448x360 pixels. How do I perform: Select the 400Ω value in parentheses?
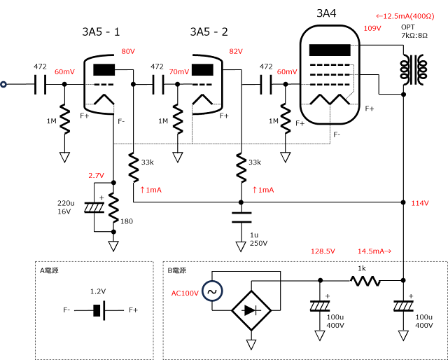click(422, 16)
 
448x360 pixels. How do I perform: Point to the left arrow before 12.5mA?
click(379, 16)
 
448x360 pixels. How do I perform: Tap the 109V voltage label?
click(372, 28)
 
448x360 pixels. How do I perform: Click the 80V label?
click(128, 51)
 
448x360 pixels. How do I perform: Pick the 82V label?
click(236, 51)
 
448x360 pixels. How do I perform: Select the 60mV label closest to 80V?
click(65, 71)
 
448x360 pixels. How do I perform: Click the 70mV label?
click(179, 71)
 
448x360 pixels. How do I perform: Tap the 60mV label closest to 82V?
click(287, 71)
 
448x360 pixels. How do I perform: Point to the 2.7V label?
click(96, 175)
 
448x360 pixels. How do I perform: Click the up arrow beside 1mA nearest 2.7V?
click(142, 190)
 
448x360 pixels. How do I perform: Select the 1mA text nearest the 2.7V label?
click(154, 190)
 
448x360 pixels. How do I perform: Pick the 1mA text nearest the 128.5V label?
click(266, 190)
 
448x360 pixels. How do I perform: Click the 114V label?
click(420, 203)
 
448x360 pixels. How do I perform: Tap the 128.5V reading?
click(323, 251)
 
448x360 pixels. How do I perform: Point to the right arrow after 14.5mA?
click(388, 251)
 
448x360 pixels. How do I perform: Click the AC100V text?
click(185, 293)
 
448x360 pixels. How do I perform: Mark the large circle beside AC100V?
click(212, 291)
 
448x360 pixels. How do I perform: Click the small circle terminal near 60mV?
click(3, 84)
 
